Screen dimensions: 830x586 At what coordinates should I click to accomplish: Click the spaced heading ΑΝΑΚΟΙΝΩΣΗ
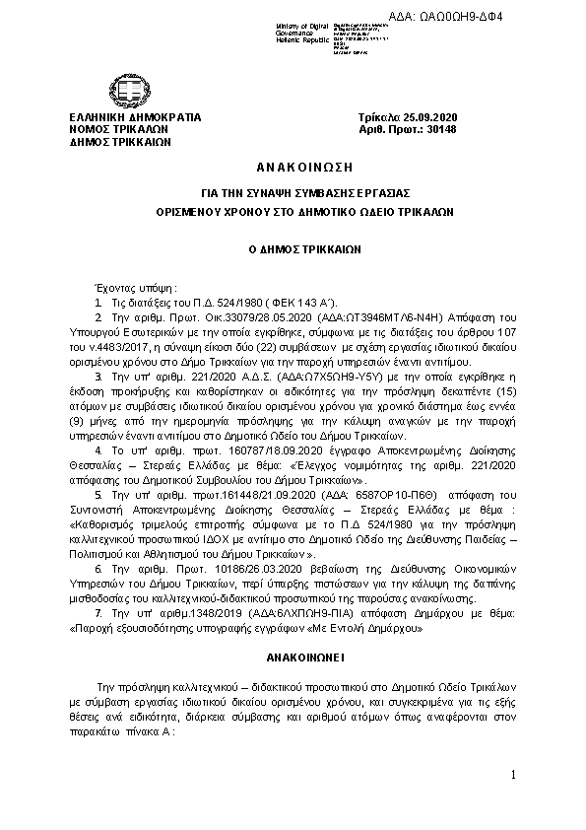293,164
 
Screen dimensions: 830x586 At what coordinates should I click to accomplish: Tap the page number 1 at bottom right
514,777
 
